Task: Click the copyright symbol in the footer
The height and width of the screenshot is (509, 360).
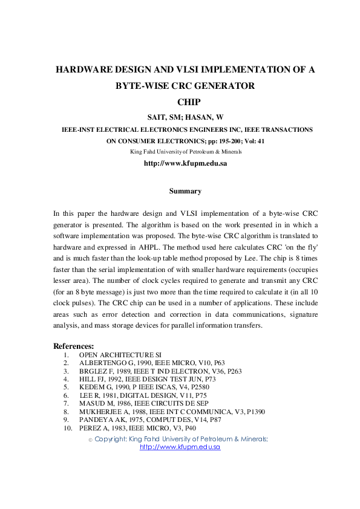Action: (91, 439)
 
